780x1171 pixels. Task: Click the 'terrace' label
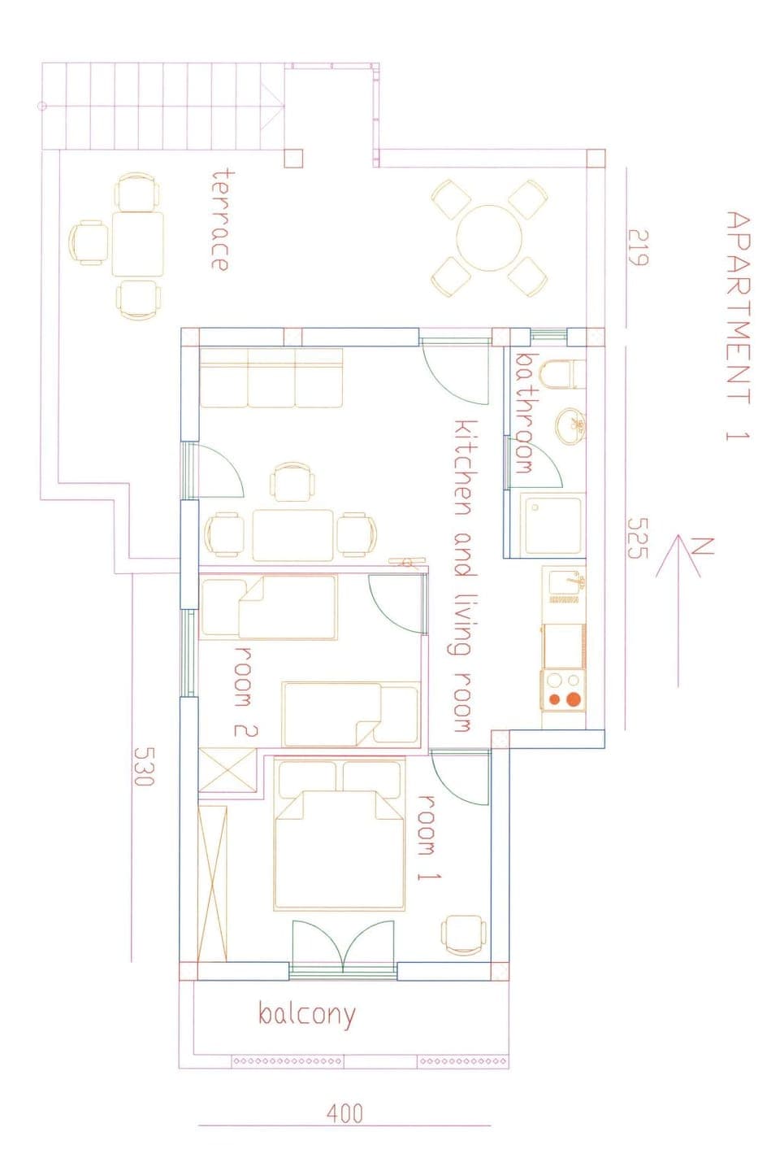click(219, 219)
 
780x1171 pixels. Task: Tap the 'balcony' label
click(306, 1014)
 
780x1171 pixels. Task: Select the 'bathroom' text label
click(524, 413)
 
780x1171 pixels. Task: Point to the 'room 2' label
click(245, 692)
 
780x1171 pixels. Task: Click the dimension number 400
click(344, 1112)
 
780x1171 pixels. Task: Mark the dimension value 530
click(143, 766)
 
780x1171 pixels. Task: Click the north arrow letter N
click(704, 546)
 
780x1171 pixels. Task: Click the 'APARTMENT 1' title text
click(737, 325)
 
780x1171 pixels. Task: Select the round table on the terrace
click(488, 238)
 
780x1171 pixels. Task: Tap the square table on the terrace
click(137, 243)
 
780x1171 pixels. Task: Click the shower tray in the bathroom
click(553, 525)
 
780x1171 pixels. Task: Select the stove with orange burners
click(563, 690)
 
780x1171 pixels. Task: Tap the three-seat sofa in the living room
click(271, 378)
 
